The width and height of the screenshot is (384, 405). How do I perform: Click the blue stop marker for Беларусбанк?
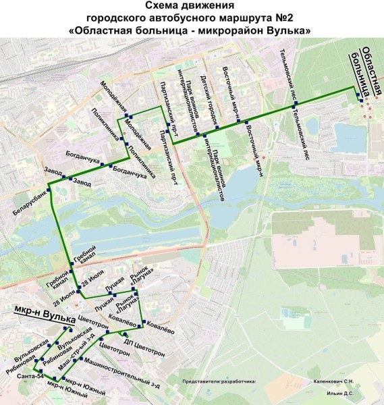pos(49,185)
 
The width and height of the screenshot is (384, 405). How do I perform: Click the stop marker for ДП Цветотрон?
pos(125,333)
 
